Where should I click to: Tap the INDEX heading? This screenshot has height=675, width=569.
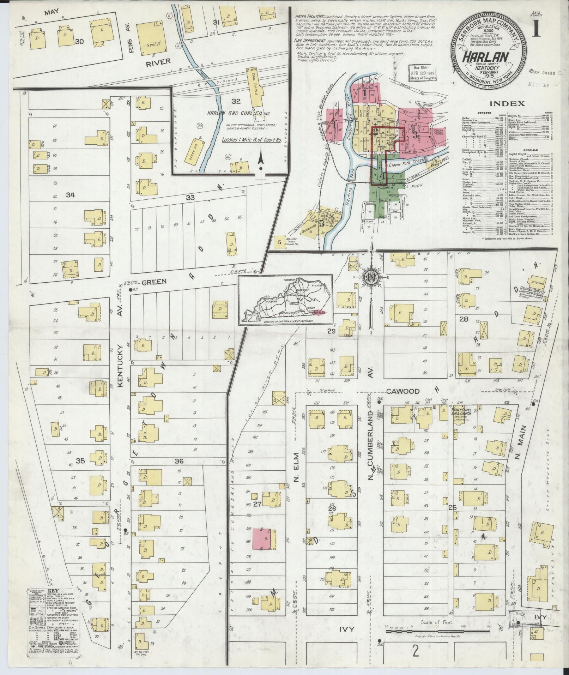(506, 104)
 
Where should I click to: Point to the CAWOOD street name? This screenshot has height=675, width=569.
(402, 391)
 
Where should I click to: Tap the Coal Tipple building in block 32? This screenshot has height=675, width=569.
(256, 88)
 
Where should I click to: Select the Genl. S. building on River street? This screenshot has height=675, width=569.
(149, 39)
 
